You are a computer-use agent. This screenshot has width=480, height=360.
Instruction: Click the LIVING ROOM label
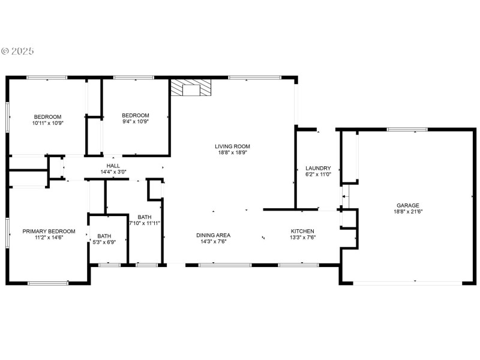pos(232,146)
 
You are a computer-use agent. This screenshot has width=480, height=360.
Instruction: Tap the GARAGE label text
pos(407,205)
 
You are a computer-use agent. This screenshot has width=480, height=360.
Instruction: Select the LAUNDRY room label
pos(318,168)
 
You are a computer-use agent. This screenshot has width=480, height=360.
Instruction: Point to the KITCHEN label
pos(302,231)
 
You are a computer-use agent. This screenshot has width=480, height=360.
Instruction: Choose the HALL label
pos(113,166)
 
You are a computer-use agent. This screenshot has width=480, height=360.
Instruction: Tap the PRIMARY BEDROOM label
pos(49,231)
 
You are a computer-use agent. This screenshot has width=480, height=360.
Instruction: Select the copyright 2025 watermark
pos(17,51)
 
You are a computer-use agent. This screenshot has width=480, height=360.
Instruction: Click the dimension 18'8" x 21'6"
pos(407,211)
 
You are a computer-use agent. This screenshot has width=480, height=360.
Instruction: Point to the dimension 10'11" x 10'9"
pos(47,123)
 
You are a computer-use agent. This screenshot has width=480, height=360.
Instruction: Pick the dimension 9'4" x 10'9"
pos(135,121)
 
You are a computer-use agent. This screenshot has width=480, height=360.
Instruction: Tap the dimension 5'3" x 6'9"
pos(104,242)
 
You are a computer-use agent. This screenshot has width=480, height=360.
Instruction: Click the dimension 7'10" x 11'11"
pos(144,223)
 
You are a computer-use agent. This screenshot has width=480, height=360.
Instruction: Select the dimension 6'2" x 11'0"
pos(318,175)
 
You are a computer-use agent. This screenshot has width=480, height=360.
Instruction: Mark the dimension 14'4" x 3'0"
pos(113,172)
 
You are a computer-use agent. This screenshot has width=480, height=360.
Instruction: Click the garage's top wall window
pos(407,129)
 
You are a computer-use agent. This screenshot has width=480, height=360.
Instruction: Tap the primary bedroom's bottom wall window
pos(48,283)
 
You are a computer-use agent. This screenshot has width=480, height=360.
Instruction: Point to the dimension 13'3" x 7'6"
pos(302,238)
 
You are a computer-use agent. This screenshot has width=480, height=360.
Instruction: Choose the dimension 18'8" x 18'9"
pos(232,152)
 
